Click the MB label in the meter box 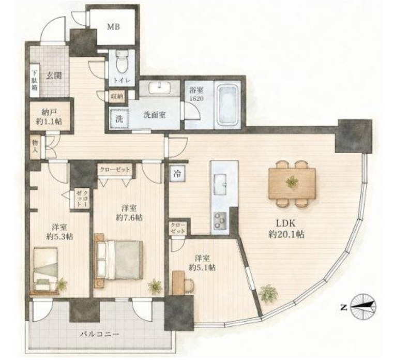(x=113, y=27)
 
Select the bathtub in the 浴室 (x=228, y=105)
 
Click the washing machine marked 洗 (x=119, y=118)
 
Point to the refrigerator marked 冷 (x=178, y=173)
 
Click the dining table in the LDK (x=292, y=184)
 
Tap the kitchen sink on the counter (x=220, y=185)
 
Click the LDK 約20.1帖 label (x=286, y=229)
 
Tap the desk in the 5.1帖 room (x=178, y=282)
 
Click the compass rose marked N (x=363, y=307)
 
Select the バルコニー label (x=99, y=335)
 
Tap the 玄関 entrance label (x=54, y=76)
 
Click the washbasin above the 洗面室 (x=159, y=88)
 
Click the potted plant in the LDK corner (x=268, y=293)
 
